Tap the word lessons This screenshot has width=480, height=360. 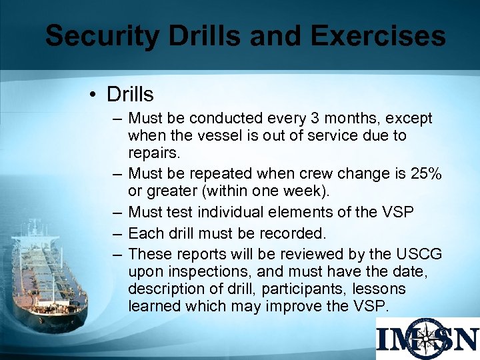381,289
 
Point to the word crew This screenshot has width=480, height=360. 312,173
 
